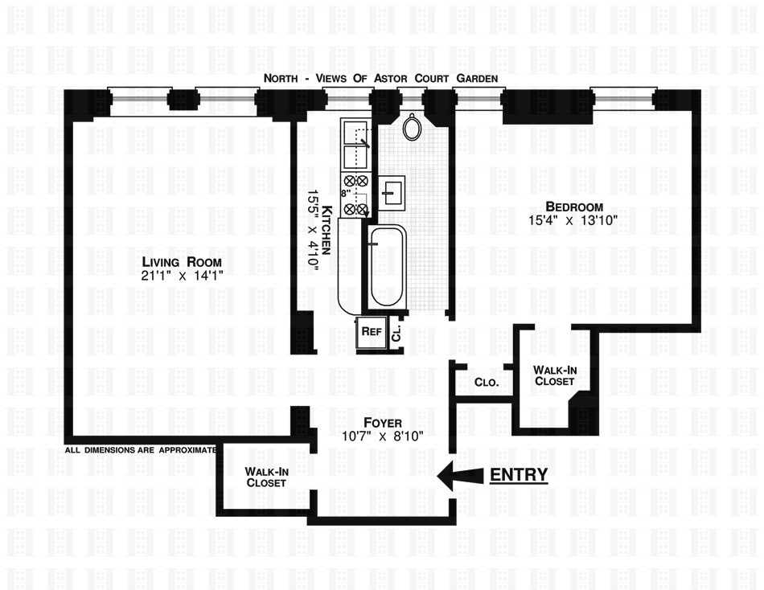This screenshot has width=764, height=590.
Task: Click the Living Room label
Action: [x=181, y=262]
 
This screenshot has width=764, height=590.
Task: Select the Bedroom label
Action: [x=573, y=204]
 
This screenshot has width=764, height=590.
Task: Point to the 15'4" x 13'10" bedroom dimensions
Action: [x=573, y=219]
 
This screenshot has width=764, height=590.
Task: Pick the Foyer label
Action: [x=382, y=423]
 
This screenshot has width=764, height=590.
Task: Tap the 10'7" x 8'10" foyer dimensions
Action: [x=382, y=436]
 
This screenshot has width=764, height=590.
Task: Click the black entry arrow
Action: [x=459, y=475]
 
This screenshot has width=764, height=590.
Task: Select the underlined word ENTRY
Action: [x=519, y=475]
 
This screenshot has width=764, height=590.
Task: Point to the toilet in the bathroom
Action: [x=413, y=127]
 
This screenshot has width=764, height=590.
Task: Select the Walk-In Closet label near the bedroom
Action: [x=555, y=375]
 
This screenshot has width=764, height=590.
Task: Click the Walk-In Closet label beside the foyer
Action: [x=266, y=477]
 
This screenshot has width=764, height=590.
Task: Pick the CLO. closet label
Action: [x=487, y=383]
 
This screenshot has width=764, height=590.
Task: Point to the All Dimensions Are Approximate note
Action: [x=141, y=450]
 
